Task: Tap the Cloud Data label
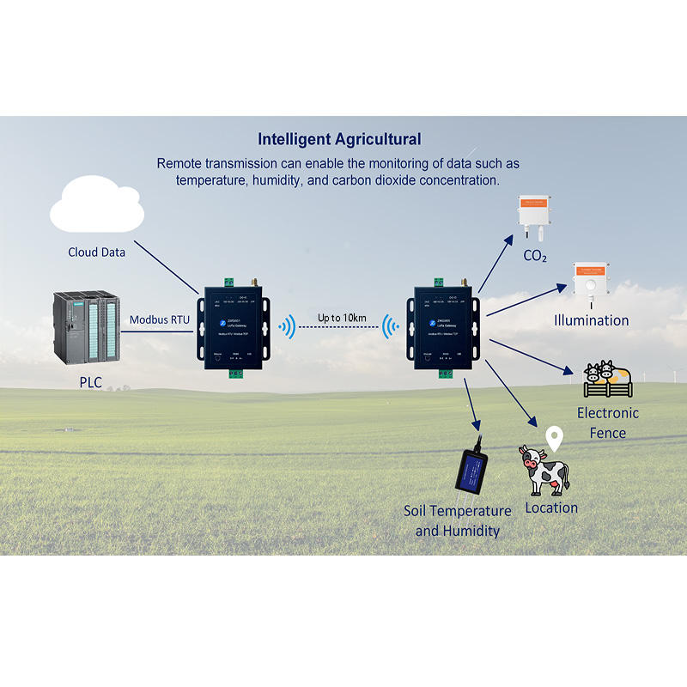[97, 252]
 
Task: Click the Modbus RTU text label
[160, 319]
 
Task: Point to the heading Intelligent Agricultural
[340, 138]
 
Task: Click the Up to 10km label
[342, 318]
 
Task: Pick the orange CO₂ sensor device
[534, 216]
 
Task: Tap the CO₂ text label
[535, 256]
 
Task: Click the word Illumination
[591, 320]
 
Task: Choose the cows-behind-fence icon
[607, 378]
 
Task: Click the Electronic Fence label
[608, 423]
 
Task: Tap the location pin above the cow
[556, 439]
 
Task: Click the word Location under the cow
[551, 508]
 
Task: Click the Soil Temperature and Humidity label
[458, 520]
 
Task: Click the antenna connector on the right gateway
[460, 280]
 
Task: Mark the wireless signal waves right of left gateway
[288, 326]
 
